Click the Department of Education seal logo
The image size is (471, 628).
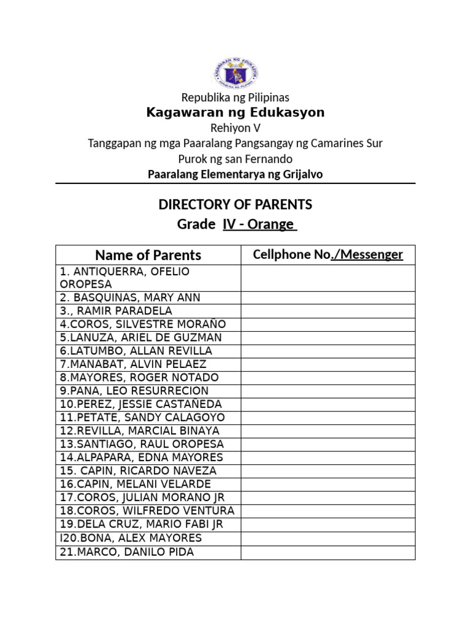(x=235, y=72)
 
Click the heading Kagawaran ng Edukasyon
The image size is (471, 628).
(x=235, y=113)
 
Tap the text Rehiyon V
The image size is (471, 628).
(x=235, y=128)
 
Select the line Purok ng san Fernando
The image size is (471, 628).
(x=235, y=159)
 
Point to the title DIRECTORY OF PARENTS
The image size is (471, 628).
(x=235, y=204)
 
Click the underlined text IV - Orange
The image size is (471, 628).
(x=259, y=224)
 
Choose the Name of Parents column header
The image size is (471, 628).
(x=148, y=255)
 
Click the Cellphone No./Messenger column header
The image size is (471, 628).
(x=328, y=255)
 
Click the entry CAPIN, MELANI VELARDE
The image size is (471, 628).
(x=136, y=484)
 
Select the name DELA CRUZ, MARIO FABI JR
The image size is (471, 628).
(x=142, y=524)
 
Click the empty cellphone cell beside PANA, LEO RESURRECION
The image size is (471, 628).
(x=328, y=391)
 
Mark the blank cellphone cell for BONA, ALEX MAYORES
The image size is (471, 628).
(x=328, y=538)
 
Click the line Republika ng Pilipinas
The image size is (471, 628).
(x=235, y=98)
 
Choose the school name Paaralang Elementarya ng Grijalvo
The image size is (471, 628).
(x=235, y=174)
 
